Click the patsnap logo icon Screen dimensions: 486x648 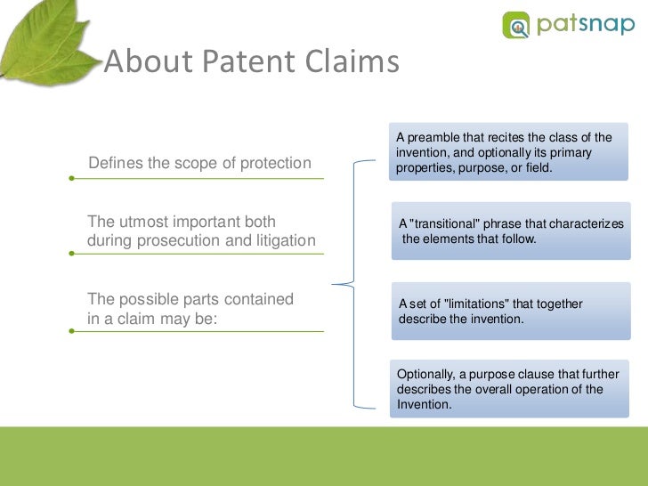pos(516,24)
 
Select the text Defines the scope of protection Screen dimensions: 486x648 pos(199,163)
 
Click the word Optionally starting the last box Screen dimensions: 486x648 pos(425,375)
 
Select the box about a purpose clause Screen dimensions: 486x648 pos(507,389)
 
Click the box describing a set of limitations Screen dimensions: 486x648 pos(507,312)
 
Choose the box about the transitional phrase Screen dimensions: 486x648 pos(507,231)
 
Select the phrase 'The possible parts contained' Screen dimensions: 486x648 pos(190,300)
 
